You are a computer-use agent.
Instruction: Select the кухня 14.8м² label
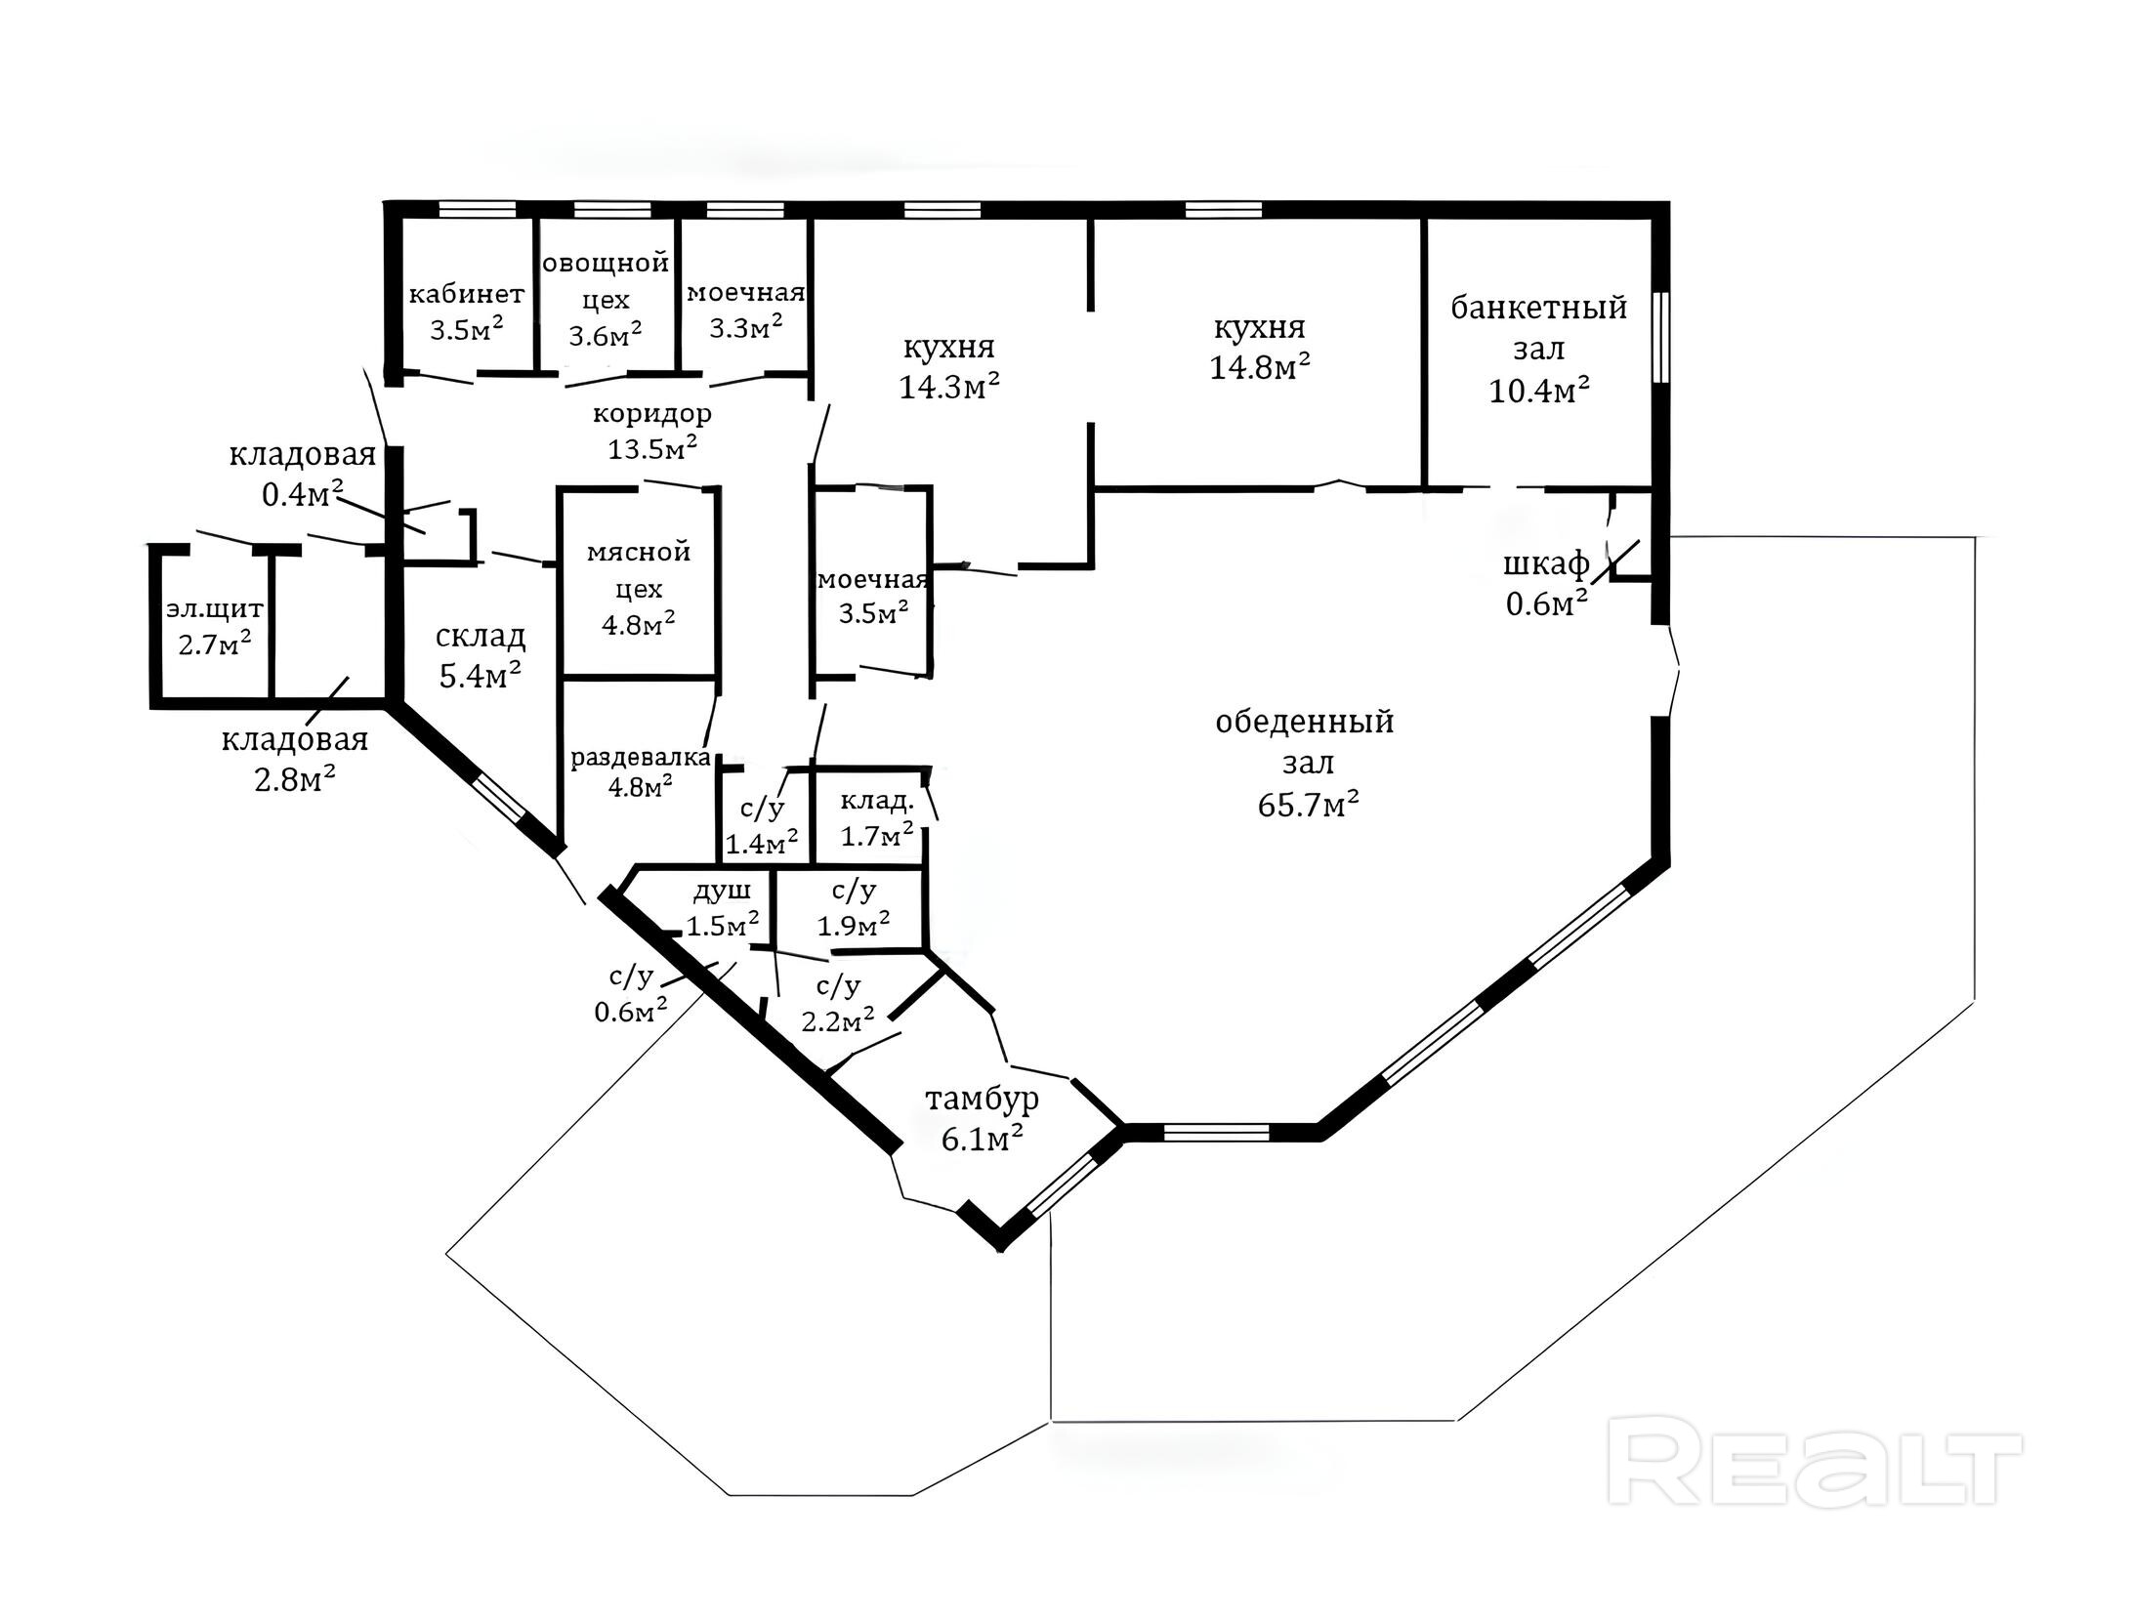(1259, 348)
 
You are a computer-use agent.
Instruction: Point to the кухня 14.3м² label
(948, 367)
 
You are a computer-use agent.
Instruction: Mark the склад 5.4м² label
(480, 655)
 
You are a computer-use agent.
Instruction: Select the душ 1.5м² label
(723, 907)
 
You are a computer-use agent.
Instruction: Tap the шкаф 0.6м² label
(1546, 584)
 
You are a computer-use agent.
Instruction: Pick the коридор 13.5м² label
(652, 431)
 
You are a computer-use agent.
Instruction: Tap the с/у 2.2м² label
(837, 1004)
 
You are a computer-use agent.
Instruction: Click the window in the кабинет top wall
(477, 209)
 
